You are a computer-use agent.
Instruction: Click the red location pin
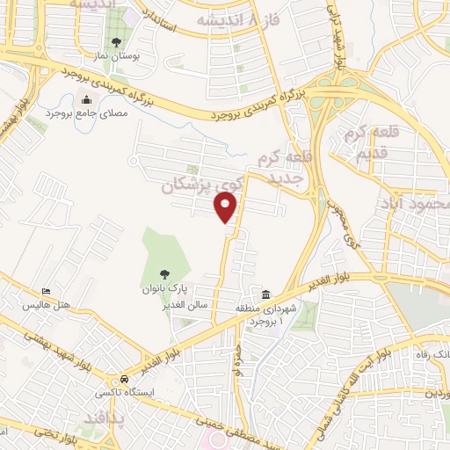coord(226,207)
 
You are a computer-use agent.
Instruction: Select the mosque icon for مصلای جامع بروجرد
coord(85,100)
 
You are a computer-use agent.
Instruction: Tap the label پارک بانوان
coord(164,287)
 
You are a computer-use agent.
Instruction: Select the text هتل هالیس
coord(47,305)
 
